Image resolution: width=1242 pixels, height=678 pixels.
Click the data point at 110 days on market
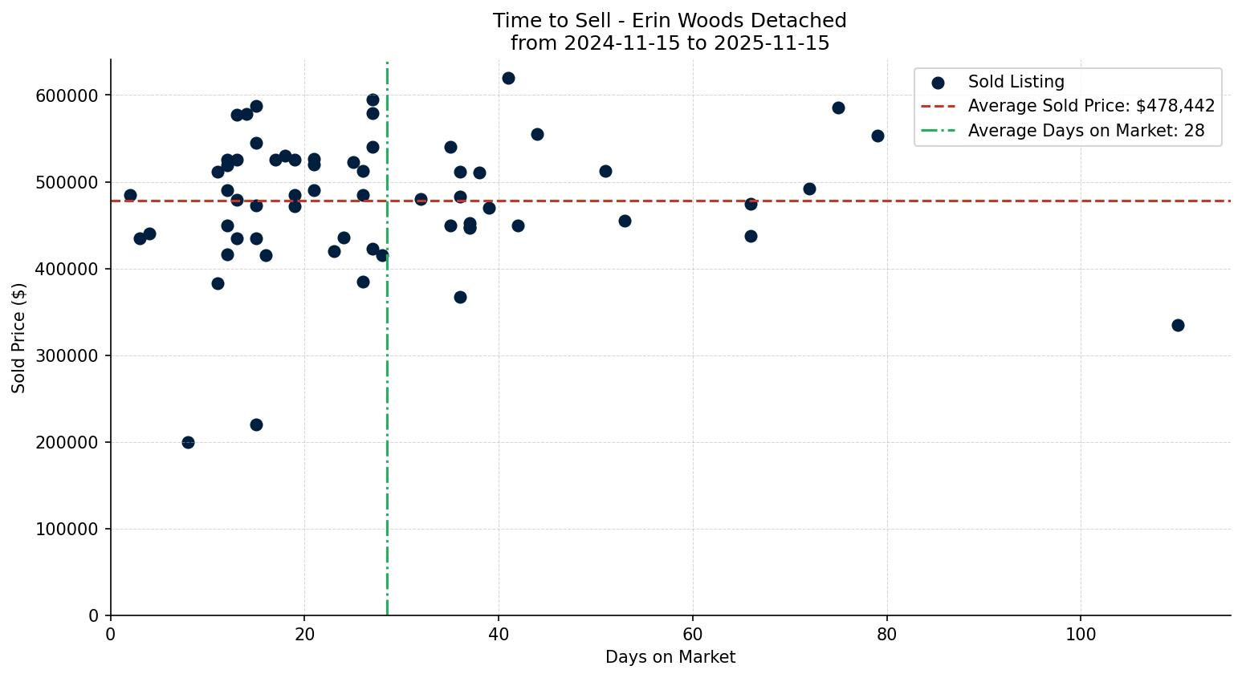[x=1178, y=325]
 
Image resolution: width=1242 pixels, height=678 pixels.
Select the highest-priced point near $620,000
[x=508, y=78]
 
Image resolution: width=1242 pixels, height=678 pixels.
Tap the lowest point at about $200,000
[x=188, y=442]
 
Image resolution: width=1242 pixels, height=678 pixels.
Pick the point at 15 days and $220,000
[x=256, y=424]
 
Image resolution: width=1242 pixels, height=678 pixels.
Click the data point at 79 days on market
[x=878, y=136]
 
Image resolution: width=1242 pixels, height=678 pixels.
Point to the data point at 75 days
[x=838, y=108]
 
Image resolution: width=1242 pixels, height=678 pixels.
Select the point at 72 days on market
[x=809, y=189]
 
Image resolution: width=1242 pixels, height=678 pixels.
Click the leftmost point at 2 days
[x=130, y=195]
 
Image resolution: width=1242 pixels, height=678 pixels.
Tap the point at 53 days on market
[x=625, y=221]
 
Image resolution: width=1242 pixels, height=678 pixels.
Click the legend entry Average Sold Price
[x=1091, y=106]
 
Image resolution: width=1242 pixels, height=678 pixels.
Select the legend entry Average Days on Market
[x=1085, y=131]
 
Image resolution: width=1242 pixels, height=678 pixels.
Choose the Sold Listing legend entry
[x=1016, y=82]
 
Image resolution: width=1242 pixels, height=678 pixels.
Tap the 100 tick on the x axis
[x=1081, y=634]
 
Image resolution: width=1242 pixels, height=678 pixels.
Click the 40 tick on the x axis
[x=499, y=634]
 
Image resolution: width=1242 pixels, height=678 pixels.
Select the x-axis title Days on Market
[x=670, y=657]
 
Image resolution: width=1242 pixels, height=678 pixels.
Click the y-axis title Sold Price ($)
[x=18, y=338]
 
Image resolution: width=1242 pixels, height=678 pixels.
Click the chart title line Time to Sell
[x=670, y=21]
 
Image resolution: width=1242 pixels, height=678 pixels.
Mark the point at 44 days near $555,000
[x=537, y=134]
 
